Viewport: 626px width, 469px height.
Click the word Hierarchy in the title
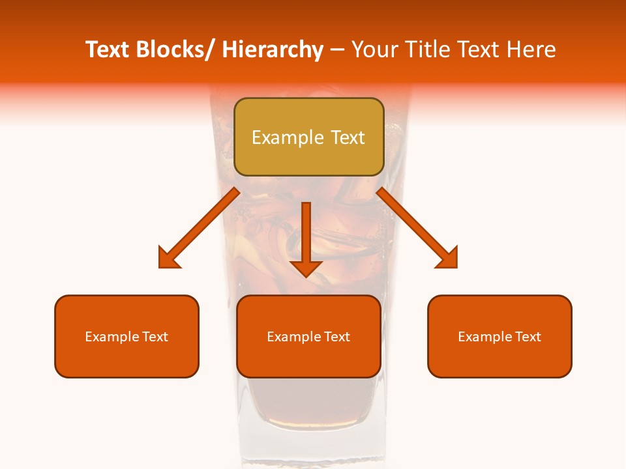[272, 50]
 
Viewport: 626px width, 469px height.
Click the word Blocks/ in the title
[173, 50]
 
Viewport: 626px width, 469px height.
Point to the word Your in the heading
[374, 50]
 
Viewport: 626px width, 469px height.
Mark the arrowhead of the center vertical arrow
[306, 268]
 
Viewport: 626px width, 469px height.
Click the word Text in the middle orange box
[336, 337]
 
